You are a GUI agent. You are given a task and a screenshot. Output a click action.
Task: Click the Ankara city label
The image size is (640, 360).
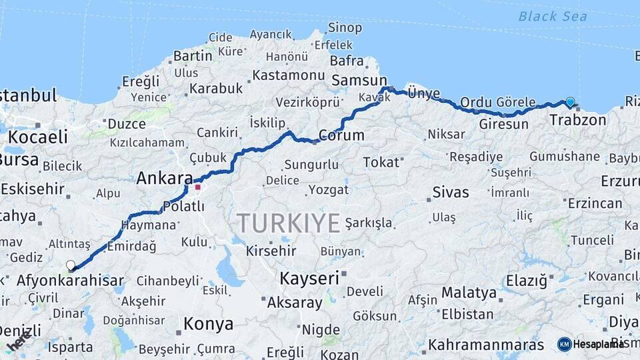pyautogui.click(x=164, y=179)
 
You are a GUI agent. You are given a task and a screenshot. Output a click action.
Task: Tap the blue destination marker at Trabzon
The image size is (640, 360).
pyautogui.click(x=570, y=102)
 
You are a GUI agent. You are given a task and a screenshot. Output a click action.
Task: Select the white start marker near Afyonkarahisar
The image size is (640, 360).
pyautogui.click(x=71, y=265)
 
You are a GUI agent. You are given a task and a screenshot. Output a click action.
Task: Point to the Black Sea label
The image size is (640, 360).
pyautogui.click(x=553, y=16)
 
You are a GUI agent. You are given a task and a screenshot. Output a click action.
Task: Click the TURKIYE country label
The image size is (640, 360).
pyautogui.click(x=289, y=223)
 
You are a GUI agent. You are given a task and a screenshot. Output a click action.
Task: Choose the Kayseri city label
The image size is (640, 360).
pyautogui.click(x=309, y=278)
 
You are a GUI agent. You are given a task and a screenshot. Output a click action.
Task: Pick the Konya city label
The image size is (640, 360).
pyautogui.click(x=209, y=325)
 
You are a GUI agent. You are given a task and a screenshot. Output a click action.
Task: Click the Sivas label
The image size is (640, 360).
pyautogui.click(x=451, y=193)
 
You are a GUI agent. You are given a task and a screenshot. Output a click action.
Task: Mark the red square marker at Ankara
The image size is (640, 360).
pyautogui.click(x=197, y=187)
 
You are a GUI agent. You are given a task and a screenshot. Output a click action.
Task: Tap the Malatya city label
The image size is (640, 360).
pyautogui.click(x=469, y=293)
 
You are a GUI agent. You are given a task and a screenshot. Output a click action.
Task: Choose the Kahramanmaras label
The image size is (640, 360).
pyautogui.click(x=486, y=345)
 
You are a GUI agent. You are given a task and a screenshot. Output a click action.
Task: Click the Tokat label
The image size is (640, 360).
pyautogui.click(x=381, y=162)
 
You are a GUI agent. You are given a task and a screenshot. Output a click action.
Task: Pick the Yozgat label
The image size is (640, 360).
pyautogui.click(x=329, y=190)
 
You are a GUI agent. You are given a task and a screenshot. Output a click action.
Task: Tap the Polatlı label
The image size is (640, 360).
pyautogui.click(x=179, y=207)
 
